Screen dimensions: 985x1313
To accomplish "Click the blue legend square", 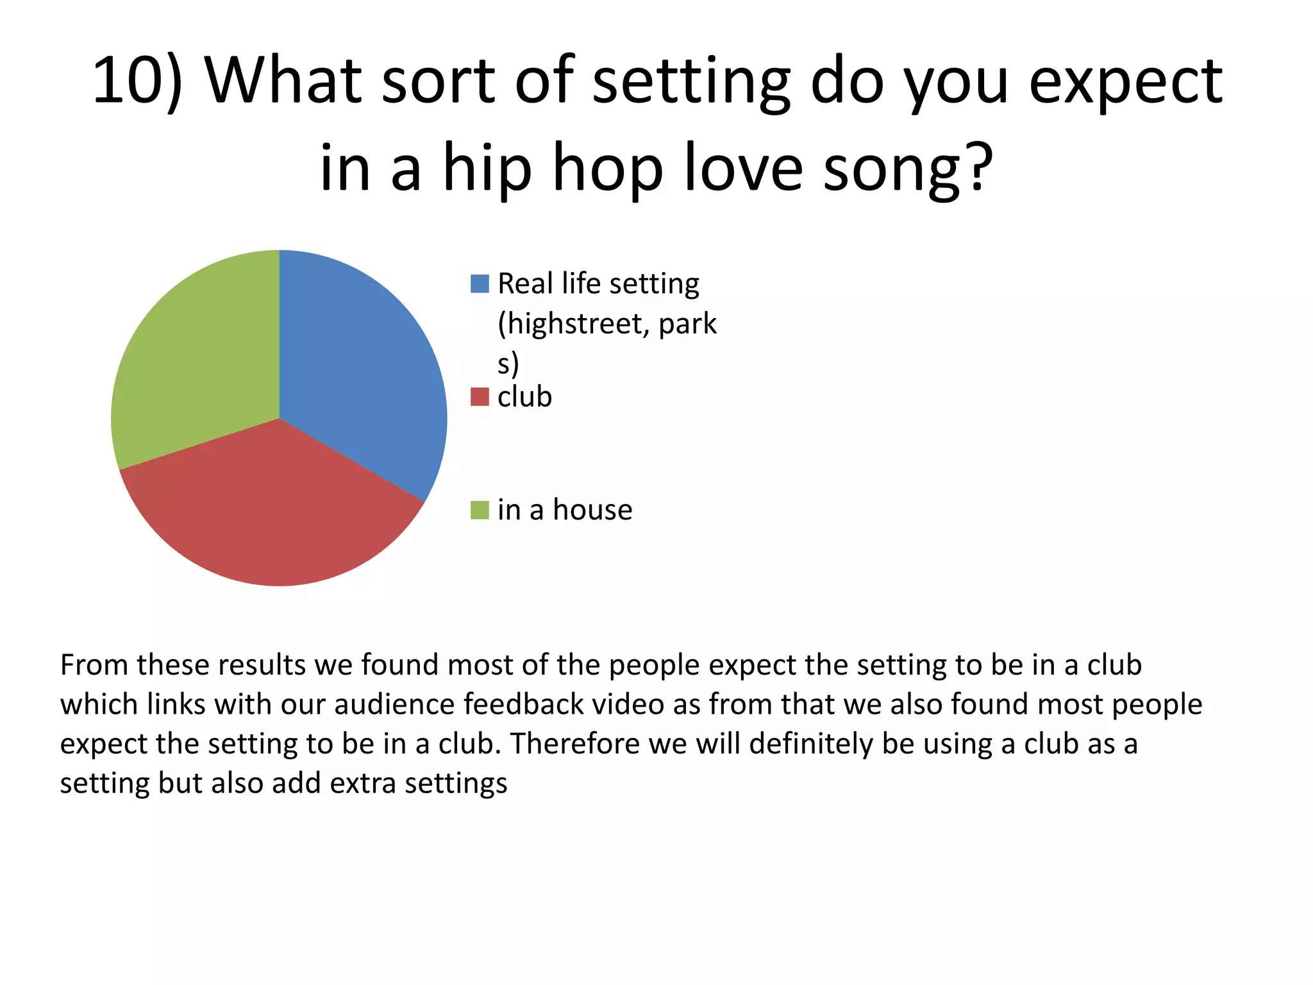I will [x=480, y=283].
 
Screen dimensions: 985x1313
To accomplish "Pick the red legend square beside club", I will [x=480, y=397].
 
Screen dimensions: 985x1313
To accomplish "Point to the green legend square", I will [x=480, y=510].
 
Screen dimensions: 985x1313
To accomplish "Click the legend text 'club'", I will [x=524, y=397].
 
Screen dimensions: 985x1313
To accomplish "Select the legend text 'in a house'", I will [x=565, y=510].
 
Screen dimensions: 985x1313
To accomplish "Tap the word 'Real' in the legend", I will [x=525, y=283].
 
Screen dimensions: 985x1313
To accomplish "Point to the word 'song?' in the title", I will [x=907, y=168].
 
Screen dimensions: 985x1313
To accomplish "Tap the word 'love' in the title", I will [x=743, y=168].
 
